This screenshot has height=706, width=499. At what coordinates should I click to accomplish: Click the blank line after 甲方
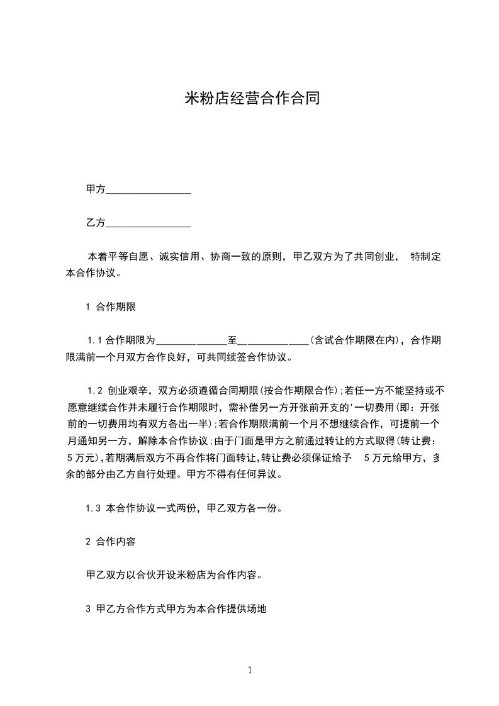[148, 189]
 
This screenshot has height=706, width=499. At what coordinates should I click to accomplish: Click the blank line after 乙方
[148, 223]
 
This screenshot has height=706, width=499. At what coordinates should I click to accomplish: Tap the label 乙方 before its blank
[95, 223]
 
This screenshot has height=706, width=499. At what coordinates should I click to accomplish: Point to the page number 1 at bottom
[250, 670]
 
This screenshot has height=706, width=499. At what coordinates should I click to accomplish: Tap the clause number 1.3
[93, 508]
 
